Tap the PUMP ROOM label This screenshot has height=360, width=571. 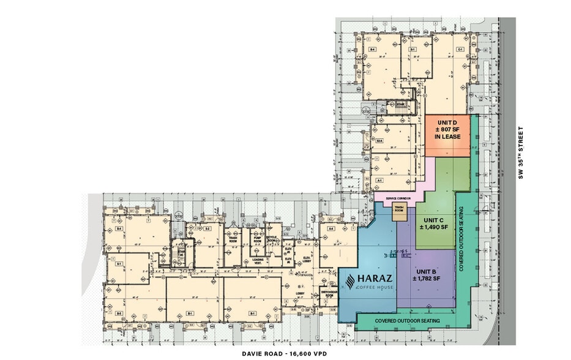tap(255, 241)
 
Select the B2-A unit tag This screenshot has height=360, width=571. tap(379, 141)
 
